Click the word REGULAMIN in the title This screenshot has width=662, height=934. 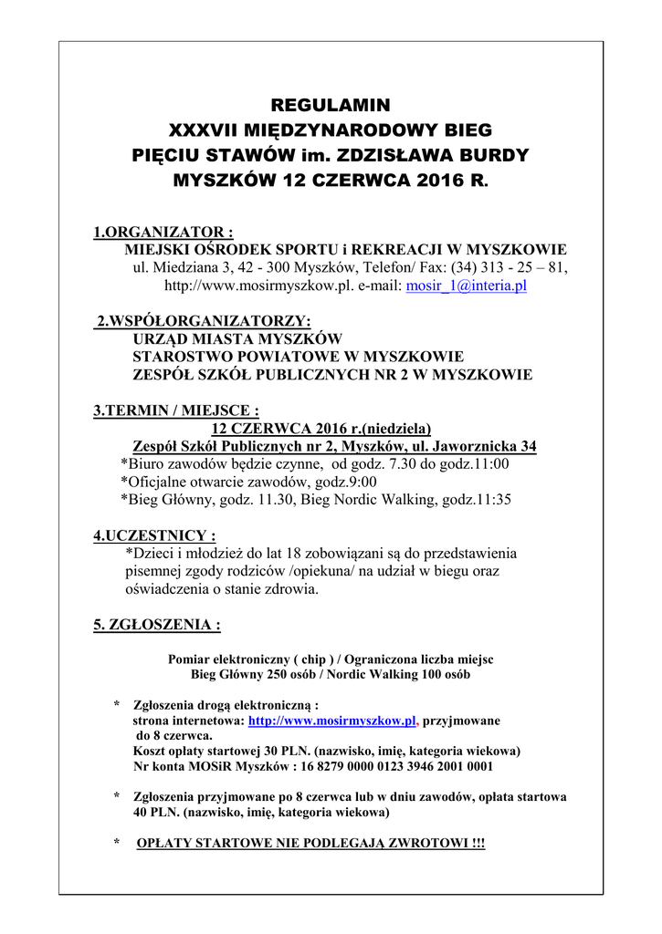coord(331,104)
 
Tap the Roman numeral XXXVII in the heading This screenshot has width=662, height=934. coord(210,130)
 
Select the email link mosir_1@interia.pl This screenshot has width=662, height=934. coord(466,285)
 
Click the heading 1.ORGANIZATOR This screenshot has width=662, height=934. coord(163,233)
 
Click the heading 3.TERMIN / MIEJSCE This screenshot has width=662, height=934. coord(175,410)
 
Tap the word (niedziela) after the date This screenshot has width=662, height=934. coord(392,429)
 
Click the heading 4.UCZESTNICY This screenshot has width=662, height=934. coord(154,535)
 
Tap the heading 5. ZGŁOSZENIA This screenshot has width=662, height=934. coord(156,626)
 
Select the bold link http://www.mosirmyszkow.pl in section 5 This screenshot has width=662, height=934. coord(332,721)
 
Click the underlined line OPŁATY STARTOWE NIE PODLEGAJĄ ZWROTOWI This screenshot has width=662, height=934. coord(310,844)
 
